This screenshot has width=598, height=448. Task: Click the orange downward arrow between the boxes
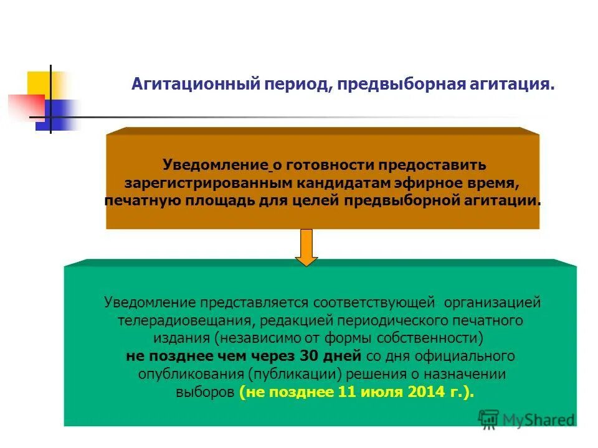click(306, 247)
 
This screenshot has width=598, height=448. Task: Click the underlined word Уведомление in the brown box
click(215, 166)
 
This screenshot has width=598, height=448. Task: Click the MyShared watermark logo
click(527, 419)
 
